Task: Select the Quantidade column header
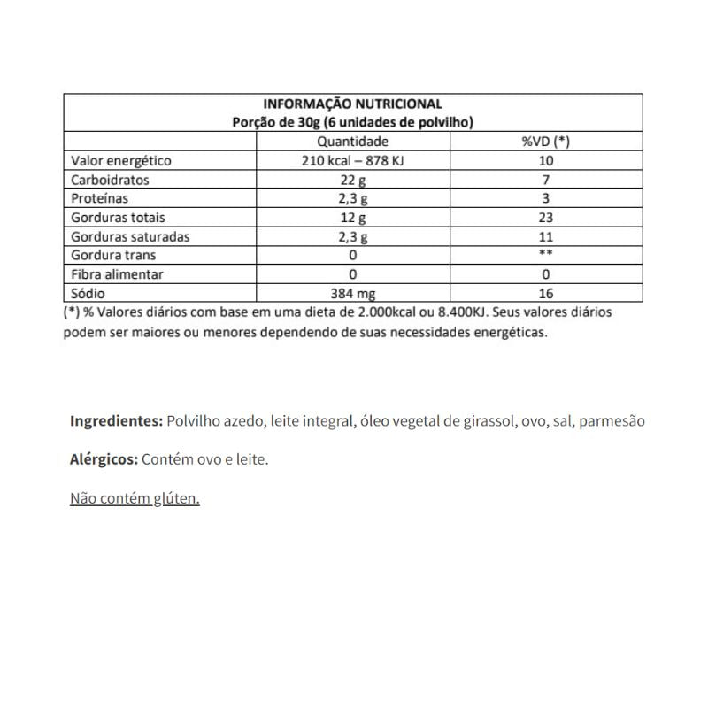(x=352, y=142)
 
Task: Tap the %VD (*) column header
(x=545, y=142)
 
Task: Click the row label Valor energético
(x=120, y=161)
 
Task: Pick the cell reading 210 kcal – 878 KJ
(x=352, y=161)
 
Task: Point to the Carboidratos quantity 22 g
(x=352, y=180)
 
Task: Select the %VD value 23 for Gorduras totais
(x=545, y=218)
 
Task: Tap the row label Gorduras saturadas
(x=129, y=236)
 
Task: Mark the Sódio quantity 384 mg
(x=352, y=293)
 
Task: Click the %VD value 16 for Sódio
(x=545, y=293)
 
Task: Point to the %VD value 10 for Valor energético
(x=545, y=161)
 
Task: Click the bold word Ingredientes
(x=116, y=421)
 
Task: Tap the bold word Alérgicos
(x=103, y=459)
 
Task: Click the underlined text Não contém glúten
(x=135, y=498)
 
